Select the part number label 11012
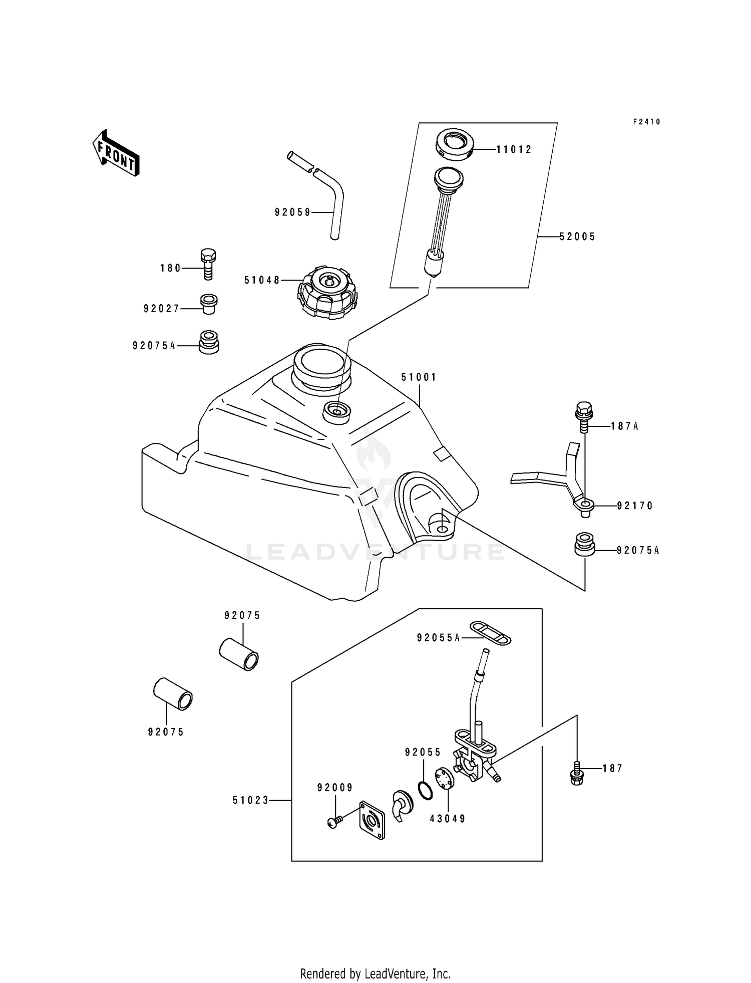514,149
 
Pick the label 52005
577,236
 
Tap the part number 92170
635,506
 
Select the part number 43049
448,819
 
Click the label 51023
251,801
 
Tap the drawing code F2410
646,122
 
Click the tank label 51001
419,377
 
